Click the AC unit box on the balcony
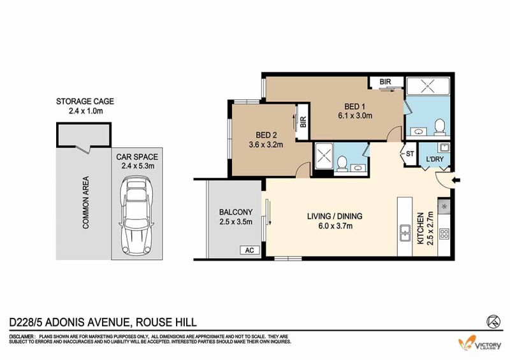coord(250,250)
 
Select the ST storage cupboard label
coord(410,154)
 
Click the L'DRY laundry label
coord(435,159)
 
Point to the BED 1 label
coord(355,106)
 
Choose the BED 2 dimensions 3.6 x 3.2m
coord(266,145)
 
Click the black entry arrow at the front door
coord(456,180)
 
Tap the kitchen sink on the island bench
coord(405,233)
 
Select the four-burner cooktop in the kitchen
coord(444,234)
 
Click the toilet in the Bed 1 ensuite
coord(439,127)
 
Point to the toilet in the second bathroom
coord(342,163)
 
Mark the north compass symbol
coord(493,321)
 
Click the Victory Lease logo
coord(480,343)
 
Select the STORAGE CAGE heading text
coord(85,101)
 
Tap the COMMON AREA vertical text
coord(86,202)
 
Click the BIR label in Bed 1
coord(385,82)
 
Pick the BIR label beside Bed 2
coord(303,122)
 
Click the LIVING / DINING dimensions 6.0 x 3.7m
coord(335,226)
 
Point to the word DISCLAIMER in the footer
coord(22,336)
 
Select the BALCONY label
coord(235,212)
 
